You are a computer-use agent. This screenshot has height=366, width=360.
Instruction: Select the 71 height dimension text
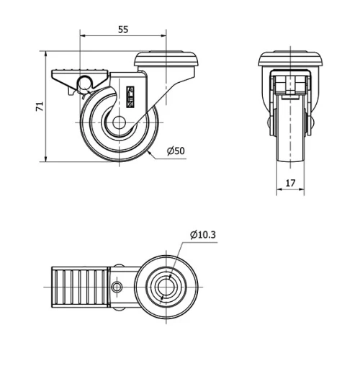[x=40, y=106]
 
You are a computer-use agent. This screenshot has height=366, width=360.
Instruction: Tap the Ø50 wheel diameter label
[x=176, y=151]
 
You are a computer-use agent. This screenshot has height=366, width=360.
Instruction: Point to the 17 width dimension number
[x=290, y=183]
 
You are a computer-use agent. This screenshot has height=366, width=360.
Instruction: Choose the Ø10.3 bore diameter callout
[x=203, y=234]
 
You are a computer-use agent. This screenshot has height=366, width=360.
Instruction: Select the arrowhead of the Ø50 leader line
[x=148, y=153]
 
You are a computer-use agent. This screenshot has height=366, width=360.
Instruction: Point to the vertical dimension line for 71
[x=47, y=106]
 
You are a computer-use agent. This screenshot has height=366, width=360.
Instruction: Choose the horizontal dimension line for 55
[x=122, y=36]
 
